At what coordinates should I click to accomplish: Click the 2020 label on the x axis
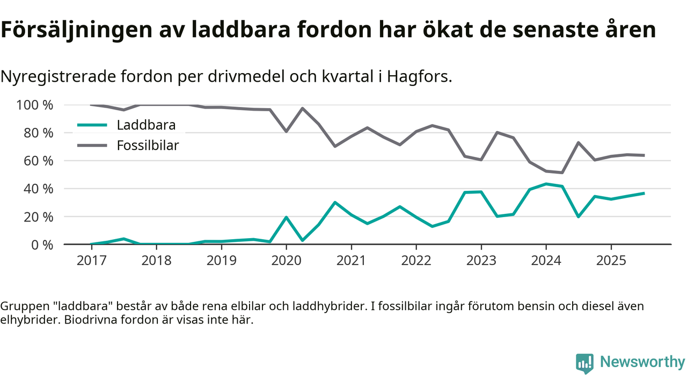tap(286, 261)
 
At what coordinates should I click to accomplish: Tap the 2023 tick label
tap(481, 261)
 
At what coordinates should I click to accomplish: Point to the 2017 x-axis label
tap(91, 261)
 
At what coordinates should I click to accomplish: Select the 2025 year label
tap(611, 261)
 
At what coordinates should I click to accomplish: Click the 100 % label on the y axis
tap(35, 105)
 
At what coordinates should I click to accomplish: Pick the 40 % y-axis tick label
tap(39, 189)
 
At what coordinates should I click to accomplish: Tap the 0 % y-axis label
tap(42, 245)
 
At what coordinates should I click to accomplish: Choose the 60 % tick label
tap(39, 161)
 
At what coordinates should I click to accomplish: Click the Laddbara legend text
tap(147, 126)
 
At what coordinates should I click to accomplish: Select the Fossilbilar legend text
tap(148, 145)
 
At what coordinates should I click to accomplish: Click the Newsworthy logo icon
tap(584, 363)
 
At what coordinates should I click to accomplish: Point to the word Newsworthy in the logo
tap(642, 362)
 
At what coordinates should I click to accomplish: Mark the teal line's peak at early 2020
tap(286, 217)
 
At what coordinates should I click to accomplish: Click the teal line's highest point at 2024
tap(546, 184)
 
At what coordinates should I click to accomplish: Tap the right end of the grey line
tap(644, 155)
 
